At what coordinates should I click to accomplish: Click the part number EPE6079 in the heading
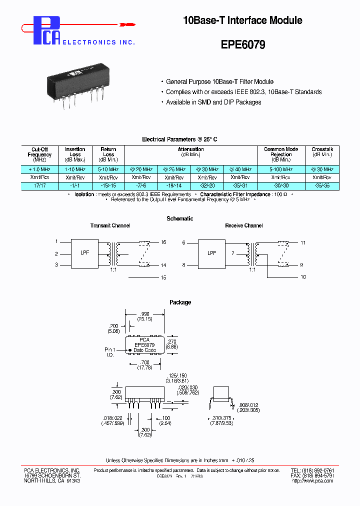click(x=243, y=44)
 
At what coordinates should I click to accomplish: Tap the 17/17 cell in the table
click(x=39, y=185)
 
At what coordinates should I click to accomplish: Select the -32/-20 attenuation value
click(x=207, y=185)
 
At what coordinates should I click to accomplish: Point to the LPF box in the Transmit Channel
click(x=84, y=253)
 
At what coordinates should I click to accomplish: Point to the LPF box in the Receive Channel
click(x=212, y=253)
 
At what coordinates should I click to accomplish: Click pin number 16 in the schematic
click(x=163, y=242)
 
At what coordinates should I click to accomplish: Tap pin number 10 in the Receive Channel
click(x=303, y=277)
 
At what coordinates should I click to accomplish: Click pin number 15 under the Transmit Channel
click(x=163, y=277)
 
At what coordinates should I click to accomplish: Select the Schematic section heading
click(x=180, y=218)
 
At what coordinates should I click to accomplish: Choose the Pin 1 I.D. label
click(x=109, y=352)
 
